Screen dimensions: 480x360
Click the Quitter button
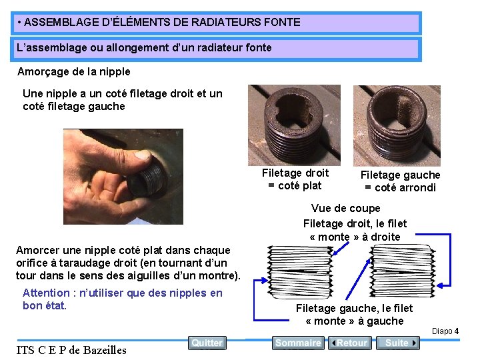tap(207, 343)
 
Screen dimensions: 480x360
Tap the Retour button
tap(349, 343)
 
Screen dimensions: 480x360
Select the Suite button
tap(397, 343)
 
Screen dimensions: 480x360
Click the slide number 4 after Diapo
tap(457, 331)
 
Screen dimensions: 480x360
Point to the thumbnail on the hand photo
tap(143, 155)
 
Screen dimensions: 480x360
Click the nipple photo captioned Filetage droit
tap(294, 125)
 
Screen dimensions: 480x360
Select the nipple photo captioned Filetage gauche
tap(397, 126)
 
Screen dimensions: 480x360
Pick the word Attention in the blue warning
tap(46, 293)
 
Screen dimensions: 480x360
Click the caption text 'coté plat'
tap(300, 186)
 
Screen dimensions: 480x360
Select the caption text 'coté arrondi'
tap(405, 187)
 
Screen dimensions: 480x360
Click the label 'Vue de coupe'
tap(345, 209)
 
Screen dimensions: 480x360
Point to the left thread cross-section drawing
tap(300, 272)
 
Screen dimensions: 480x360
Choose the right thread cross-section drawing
tap(403, 271)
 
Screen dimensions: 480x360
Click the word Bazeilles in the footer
tap(105, 350)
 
